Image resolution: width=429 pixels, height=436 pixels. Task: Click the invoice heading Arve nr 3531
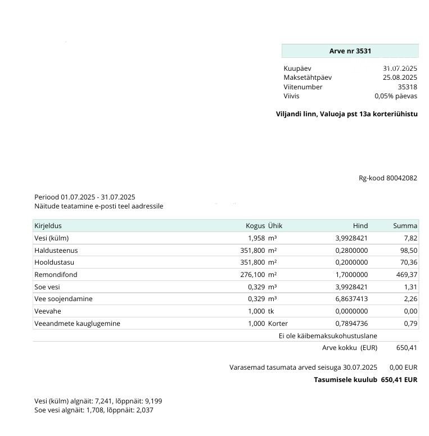350,51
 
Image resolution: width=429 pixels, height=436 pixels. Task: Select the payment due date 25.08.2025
400,78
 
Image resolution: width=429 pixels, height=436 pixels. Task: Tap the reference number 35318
407,87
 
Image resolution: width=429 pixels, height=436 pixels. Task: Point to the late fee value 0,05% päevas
396,96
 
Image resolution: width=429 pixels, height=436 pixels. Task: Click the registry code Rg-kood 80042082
388,178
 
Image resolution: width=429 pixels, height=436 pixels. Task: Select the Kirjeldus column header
48,226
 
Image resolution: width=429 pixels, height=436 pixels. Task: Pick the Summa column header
405,226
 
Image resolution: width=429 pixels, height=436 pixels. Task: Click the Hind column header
360,226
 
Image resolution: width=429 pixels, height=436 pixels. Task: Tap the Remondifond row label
56,275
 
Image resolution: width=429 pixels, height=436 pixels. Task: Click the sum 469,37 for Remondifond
407,275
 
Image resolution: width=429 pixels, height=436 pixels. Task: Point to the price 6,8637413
351,299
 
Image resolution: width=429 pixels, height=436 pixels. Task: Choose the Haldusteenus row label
56,251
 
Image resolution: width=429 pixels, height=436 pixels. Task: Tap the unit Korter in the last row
278,324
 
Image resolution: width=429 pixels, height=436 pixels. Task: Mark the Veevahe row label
48,311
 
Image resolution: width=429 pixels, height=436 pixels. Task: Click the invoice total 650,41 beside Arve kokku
407,348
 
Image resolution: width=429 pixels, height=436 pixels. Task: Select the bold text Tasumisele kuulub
345,380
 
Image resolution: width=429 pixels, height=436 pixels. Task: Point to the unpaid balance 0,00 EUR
403,367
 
